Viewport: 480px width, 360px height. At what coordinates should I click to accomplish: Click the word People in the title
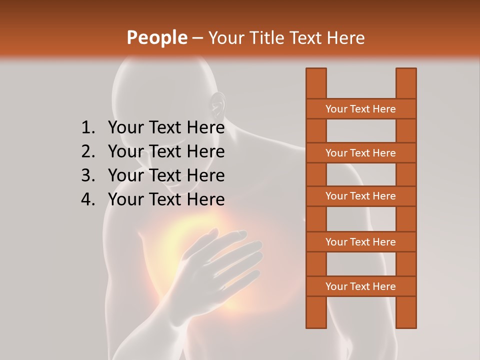[x=156, y=37]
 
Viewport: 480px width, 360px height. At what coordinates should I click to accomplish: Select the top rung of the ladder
[x=360, y=109]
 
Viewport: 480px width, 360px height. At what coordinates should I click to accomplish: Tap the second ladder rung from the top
[x=360, y=153]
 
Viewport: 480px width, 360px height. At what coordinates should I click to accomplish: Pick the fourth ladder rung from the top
[x=360, y=242]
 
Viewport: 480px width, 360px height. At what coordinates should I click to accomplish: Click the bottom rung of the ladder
[x=360, y=286]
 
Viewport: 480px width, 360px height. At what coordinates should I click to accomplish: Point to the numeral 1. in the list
[x=88, y=128]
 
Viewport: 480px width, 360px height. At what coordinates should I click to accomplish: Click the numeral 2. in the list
[x=88, y=151]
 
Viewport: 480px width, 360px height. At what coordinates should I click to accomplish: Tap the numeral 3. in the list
[x=88, y=175]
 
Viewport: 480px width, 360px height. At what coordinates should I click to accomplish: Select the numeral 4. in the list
[x=88, y=199]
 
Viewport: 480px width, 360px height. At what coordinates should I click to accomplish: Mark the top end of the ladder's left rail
[x=316, y=70]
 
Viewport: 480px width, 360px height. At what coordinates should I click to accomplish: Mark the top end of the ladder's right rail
[x=406, y=70]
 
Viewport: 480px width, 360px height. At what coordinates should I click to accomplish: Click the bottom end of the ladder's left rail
[x=316, y=326]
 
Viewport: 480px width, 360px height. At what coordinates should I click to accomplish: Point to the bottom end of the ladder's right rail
[x=406, y=326]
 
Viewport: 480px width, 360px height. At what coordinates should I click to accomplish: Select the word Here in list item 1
[x=205, y=128]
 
